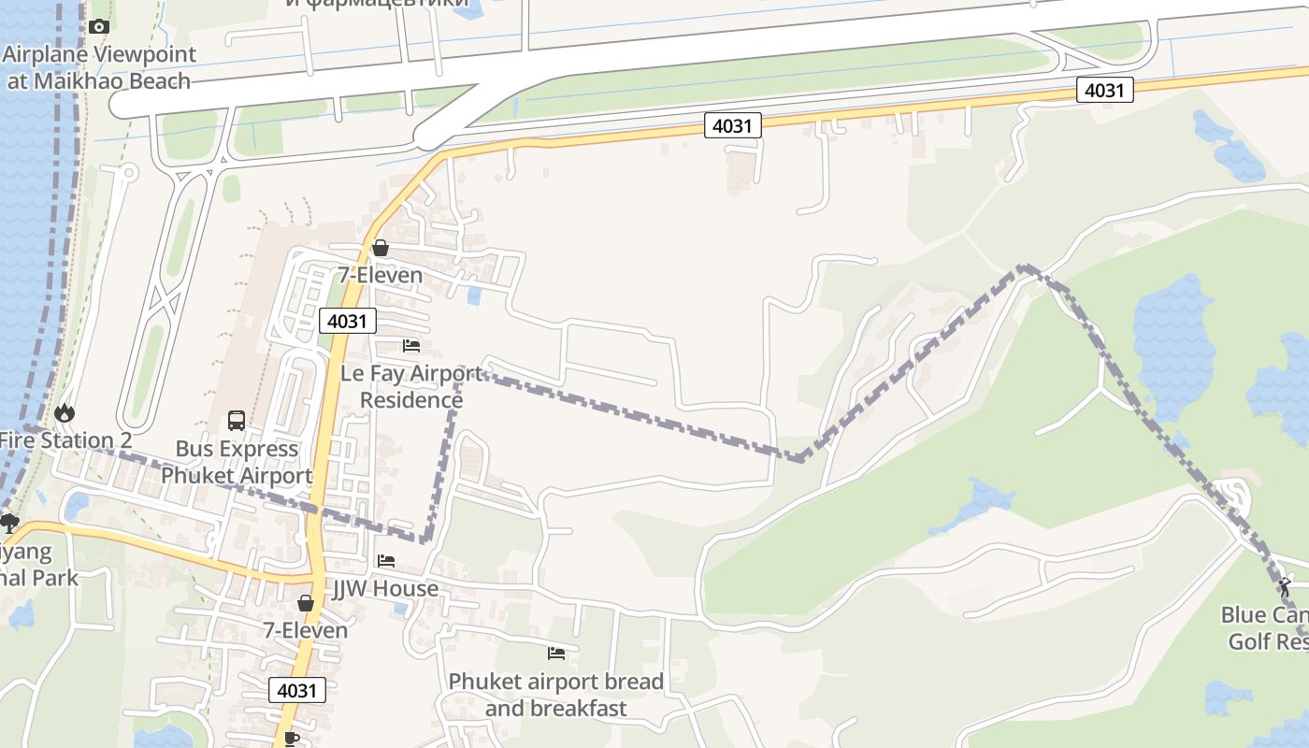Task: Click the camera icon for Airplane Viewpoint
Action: pos(99,27)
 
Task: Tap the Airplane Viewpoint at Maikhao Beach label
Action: pos(99,67)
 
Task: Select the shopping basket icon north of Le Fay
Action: pos(380,248)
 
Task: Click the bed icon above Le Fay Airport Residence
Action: pos(410,346)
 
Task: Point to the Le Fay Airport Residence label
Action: pos(411,386)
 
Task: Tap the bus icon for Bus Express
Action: pos(237,421)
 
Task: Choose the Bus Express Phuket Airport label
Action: pos(237,462)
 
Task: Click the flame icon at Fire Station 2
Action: pos(65,412)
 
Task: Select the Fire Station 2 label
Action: pos(65,440)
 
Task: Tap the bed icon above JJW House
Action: pos(385,561)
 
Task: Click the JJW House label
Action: pos(385,589)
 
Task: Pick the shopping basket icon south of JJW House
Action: pos(305,603)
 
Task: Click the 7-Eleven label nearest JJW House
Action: pos(305,630)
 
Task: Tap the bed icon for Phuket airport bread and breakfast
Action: pos(556,654)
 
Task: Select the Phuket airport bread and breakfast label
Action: pos(556,695)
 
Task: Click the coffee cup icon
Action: pos(291,738)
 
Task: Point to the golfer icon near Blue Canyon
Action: pos(1285,587)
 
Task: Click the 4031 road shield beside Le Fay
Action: pos(348,322)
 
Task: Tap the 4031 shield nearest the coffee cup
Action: pos(298,691)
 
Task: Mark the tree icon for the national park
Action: pos(9,523)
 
